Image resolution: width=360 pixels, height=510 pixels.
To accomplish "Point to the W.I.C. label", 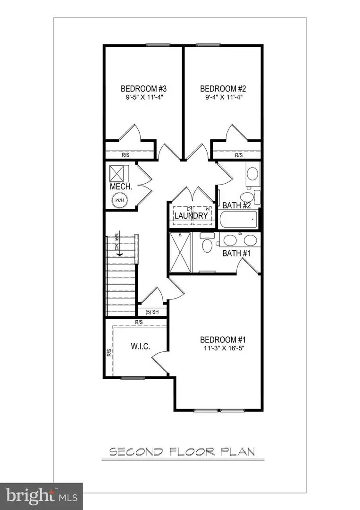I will [140, 347].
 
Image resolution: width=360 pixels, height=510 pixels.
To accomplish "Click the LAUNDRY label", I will [191, 216].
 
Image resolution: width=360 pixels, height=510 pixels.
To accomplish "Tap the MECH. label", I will [120, 187].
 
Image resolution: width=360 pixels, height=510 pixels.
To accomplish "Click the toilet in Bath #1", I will [206, 245].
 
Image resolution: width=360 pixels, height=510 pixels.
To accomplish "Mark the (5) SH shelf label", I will [151, 312].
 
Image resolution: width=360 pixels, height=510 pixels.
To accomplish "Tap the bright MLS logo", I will [41, 496].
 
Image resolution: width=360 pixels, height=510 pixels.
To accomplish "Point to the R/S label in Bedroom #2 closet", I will [239, 155].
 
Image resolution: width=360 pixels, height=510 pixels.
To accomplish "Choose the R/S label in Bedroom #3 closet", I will [126, 155].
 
